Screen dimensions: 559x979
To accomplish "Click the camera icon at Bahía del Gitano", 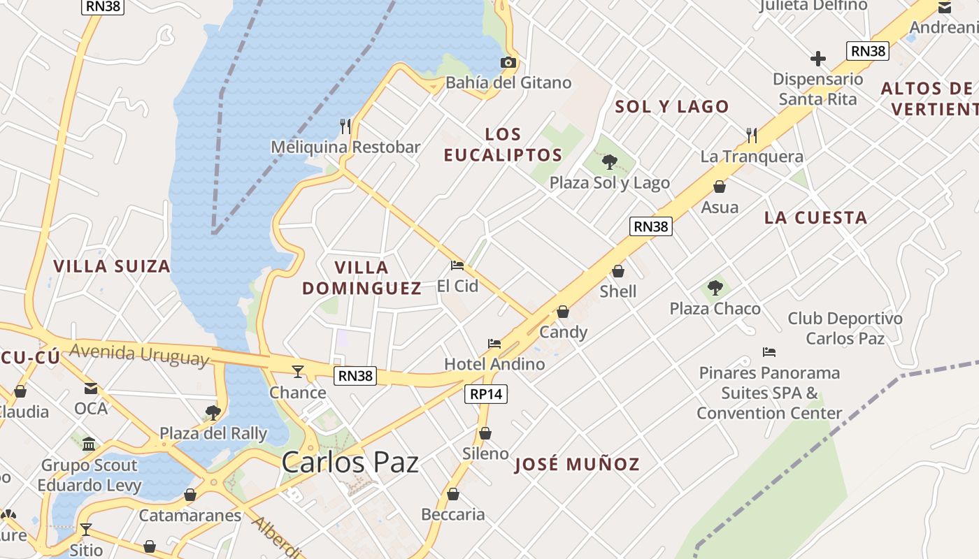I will [508, 63].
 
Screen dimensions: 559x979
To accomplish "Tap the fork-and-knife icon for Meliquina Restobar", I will [345, 126].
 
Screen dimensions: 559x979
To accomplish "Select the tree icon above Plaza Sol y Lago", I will [610, 162].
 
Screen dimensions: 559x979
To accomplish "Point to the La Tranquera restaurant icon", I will [752, 135].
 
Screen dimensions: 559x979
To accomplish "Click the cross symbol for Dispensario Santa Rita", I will [817, 59].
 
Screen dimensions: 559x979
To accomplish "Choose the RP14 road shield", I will [486, 394].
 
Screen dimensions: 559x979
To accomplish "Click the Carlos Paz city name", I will [350, 463].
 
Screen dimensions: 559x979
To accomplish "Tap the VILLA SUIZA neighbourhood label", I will [112, 266].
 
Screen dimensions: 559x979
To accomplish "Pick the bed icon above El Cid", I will [457, 266].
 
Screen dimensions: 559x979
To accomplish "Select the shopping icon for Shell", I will [618, 271].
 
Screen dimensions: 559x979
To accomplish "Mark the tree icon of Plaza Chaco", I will [715, 287].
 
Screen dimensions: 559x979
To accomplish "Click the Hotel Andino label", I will [494, 364].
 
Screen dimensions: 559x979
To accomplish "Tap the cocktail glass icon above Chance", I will [298, 372].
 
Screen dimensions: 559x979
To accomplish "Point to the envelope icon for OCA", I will [91, 389].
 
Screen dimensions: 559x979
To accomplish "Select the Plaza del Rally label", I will [213, 433].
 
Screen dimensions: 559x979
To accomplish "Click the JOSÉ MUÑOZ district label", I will [577, 465].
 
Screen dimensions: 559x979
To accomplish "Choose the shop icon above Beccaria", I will [453, 494].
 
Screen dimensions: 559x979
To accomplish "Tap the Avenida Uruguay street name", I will [139, 354].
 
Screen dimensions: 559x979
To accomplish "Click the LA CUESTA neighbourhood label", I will [815, 218].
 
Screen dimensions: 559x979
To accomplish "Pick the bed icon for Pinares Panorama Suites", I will [769, 352].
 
